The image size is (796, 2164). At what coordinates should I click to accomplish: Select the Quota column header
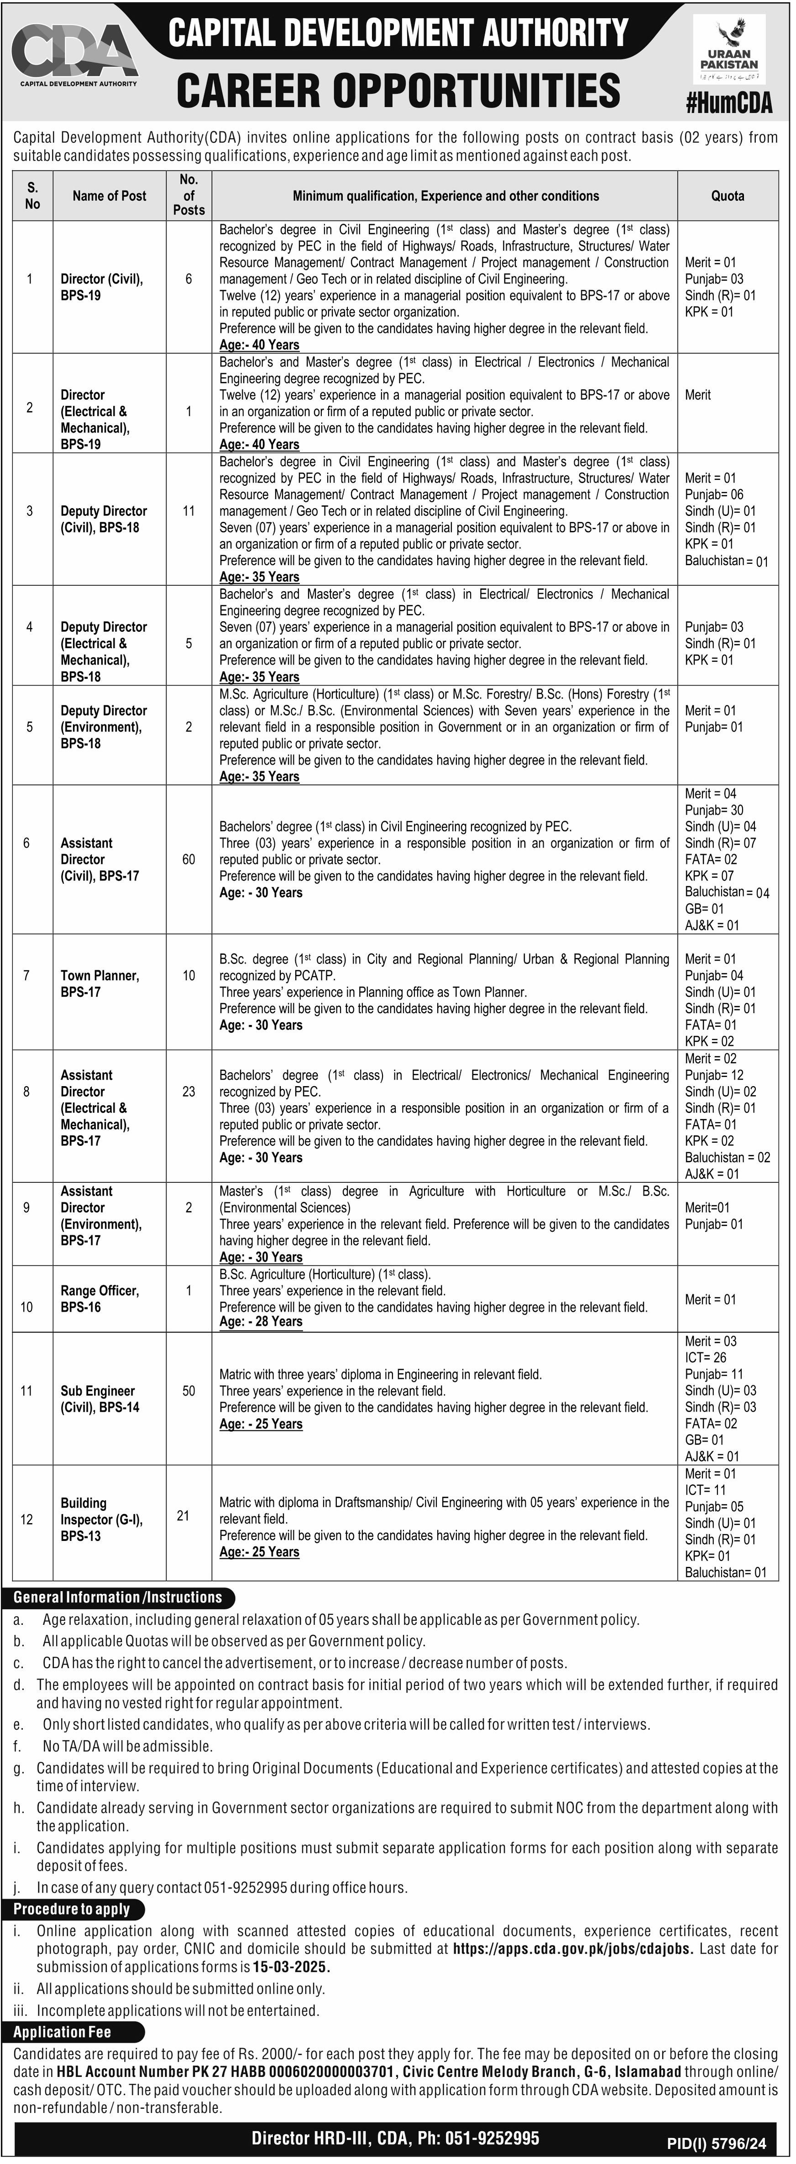click(x=727, y=196)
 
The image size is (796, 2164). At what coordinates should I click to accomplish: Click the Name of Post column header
click(x=109, y=196)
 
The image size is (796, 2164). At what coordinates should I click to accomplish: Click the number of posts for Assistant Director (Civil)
click(x=189, y=859)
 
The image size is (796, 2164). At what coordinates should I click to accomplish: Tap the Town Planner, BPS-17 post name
click(x=99, y=984)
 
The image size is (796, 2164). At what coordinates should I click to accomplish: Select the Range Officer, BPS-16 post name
click(x=99, y=1299)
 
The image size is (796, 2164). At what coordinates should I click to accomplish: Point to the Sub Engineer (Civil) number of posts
click(x=189, y=1391)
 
